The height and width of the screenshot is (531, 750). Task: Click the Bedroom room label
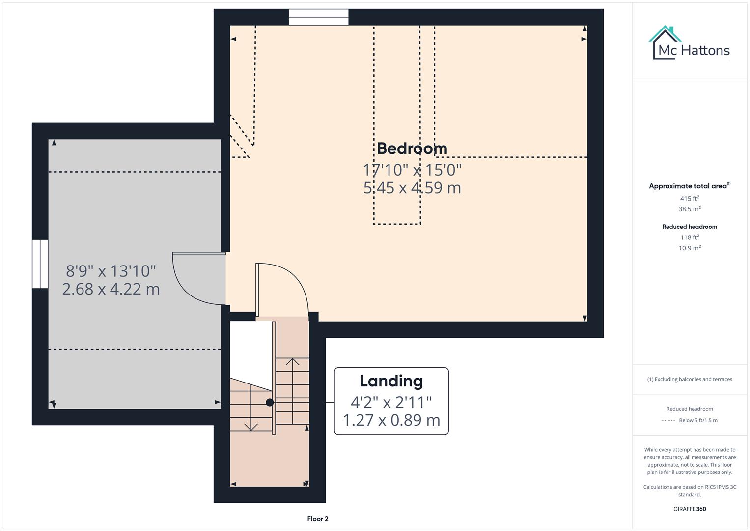412,148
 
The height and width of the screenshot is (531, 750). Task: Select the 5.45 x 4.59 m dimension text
412,188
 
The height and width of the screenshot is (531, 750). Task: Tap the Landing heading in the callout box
391,381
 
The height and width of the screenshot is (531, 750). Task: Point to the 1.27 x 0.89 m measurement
391,420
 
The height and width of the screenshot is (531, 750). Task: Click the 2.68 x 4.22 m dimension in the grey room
111,289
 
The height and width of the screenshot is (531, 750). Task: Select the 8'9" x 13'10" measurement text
111,271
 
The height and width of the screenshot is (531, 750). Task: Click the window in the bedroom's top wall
318,17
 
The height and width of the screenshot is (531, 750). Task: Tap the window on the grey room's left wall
40,264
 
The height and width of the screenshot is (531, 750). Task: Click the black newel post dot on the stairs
270,402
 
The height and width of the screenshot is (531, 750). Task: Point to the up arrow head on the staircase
293,362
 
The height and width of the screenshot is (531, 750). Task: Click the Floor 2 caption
318,519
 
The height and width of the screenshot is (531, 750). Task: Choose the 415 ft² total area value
690,199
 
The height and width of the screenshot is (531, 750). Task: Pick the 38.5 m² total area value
690,209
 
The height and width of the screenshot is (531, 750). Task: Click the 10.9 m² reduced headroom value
690,248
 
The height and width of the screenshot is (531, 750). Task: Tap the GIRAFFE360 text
690,509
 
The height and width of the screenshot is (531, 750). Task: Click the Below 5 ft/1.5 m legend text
698,420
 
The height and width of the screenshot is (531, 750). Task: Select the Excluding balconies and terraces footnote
690,379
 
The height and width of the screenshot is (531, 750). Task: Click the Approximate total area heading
689,186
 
